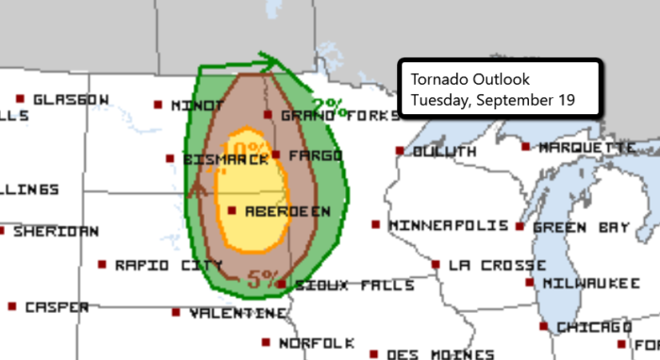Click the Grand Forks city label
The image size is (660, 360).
318,115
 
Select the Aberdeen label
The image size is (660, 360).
287,212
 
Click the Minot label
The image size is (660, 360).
194,106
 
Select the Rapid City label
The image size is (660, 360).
156,266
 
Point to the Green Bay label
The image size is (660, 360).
573,227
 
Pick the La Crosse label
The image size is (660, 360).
484,266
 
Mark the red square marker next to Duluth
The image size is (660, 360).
400,150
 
